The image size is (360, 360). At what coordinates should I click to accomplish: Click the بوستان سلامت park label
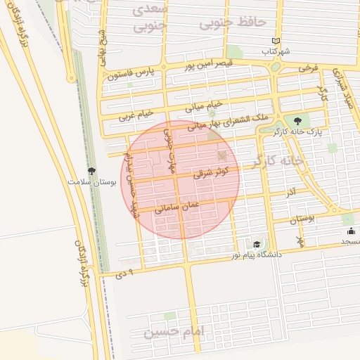(x=91, y=181)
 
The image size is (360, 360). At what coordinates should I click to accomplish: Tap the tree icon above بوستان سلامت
(x=91, y=171)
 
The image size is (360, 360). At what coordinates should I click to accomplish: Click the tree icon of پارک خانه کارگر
(x=307, y=120)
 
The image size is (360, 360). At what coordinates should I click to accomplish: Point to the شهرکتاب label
(x=276, y=51)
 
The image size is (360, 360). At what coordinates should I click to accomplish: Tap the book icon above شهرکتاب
(x=276, y=41)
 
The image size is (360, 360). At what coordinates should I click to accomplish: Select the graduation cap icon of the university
(x=257, y=244)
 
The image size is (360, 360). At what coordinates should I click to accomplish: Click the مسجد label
(x=350, y=241)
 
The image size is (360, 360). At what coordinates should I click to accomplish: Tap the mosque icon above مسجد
(x=350, y=231)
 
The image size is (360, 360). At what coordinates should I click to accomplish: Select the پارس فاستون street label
(x=130, y=72)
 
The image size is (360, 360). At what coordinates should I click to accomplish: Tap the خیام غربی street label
(x=136, y=114)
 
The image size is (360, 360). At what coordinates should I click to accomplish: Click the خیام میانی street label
(x=203, y=106)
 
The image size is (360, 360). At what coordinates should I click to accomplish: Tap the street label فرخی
(x=309, y=68)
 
